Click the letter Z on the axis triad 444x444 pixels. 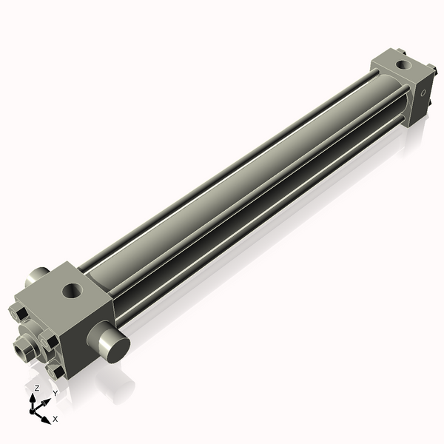click(37, 388)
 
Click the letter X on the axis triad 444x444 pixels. click(55, 419)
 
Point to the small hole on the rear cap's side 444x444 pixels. click(423, 94)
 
